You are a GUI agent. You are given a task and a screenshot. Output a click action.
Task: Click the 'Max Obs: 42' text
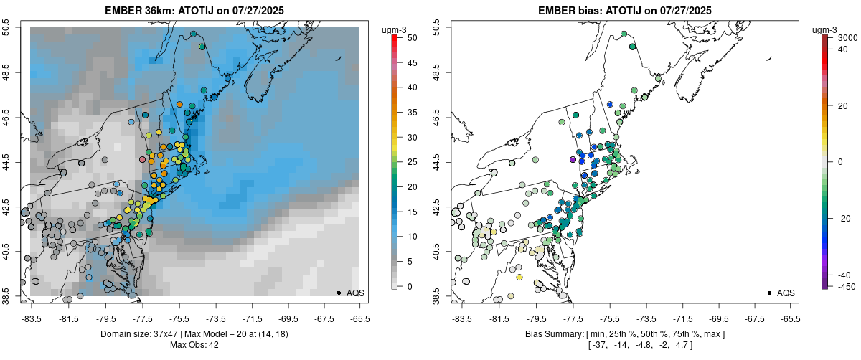coord(194,345)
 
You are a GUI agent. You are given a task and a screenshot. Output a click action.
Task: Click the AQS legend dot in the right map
coord(768,293)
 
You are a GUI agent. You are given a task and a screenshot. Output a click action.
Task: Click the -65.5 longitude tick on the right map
coord(790,318)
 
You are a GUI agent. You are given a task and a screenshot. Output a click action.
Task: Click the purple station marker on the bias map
coord(573,159)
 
